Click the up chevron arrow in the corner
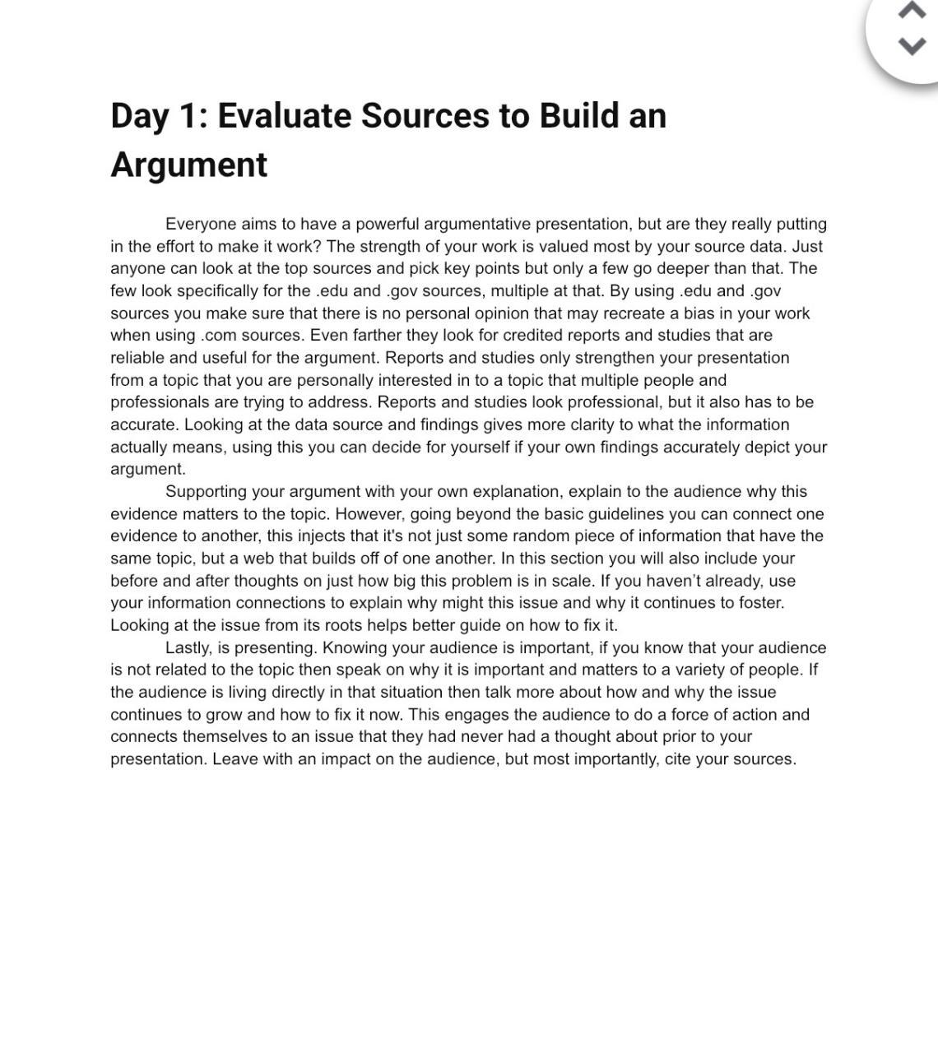(x=911, y=11)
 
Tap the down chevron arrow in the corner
(x=911, y=46)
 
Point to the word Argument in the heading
(x=188, y=165)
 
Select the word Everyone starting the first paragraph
(x=201, y=225)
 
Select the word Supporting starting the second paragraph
(x=206, y=492)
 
